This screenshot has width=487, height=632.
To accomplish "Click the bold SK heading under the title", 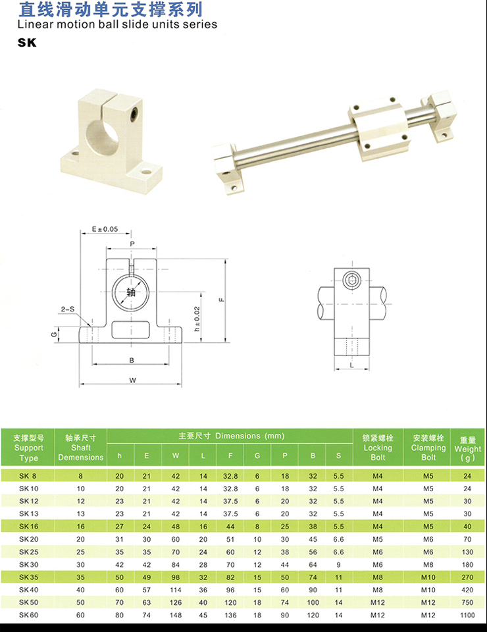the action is (x=27, y=43).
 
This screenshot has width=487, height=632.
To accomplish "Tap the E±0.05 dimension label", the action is (x=105, y=229).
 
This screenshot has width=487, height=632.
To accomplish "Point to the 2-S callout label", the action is (x=68, y=309).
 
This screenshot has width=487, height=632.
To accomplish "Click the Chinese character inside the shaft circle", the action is (x=131, y=292).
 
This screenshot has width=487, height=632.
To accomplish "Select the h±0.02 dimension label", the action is (x=197, y=319).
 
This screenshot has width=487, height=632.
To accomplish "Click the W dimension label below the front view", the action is (x=132, y=380).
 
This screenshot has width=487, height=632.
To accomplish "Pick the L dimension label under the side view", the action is (x=351, y=365).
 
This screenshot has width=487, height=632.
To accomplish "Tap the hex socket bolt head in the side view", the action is (x=351, y=279).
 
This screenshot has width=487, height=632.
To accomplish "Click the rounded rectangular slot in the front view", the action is (x=130, y=330).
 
